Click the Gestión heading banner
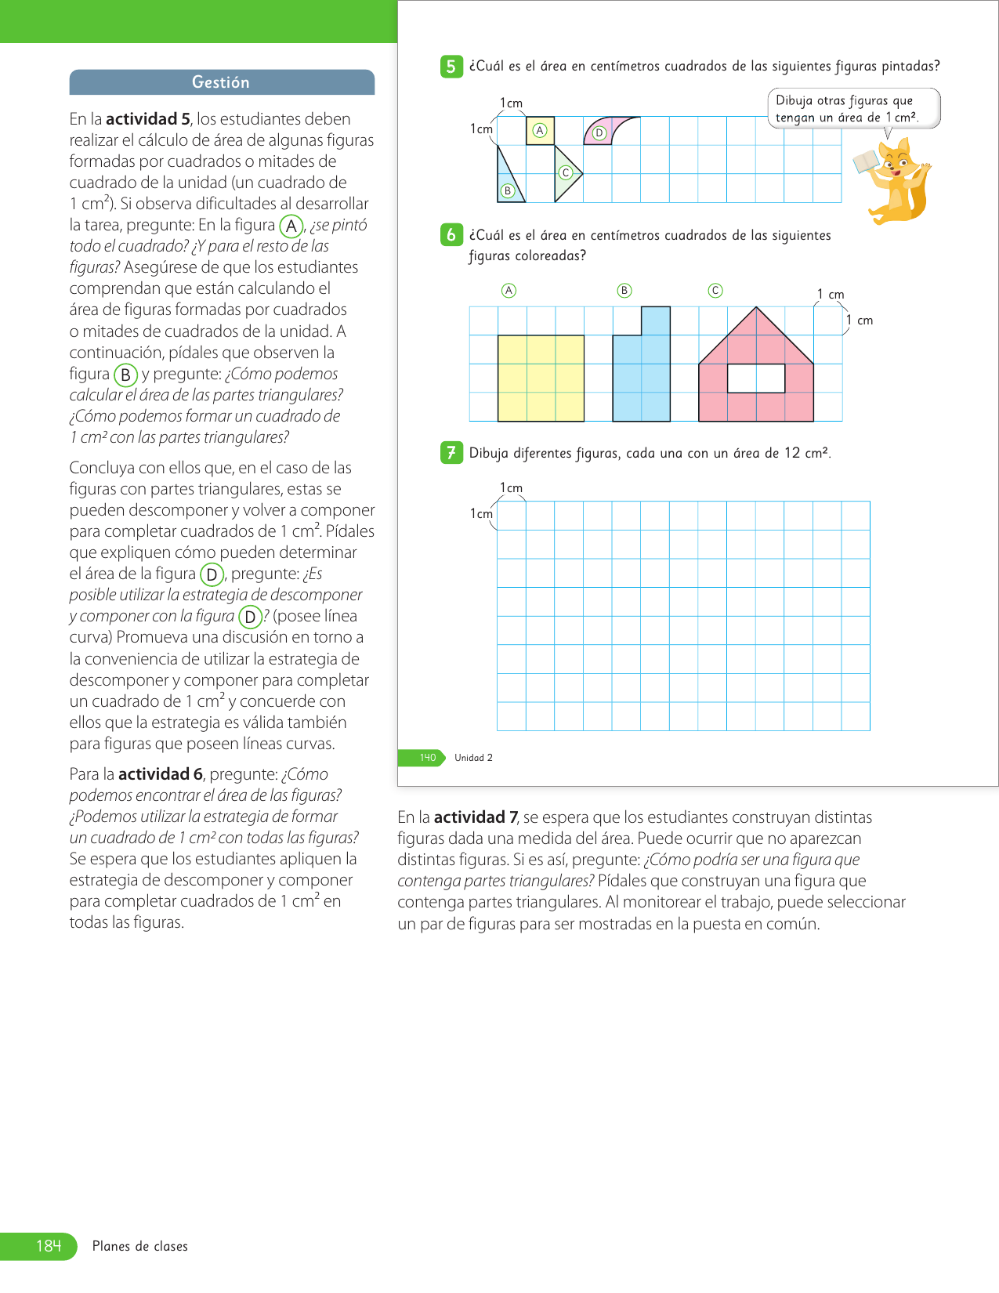(x=222, y=82)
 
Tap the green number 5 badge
(x=451, y=67)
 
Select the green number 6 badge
(x=451, y=234)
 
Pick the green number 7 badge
(x=451, y=452)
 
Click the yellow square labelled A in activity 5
(x=540, y=131)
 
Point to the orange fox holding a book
(x=896, y=179)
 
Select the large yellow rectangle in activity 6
(x=541, y=378)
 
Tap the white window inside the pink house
(x=756, y=378)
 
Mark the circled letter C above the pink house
(x=715, y=291)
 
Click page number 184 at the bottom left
(x=49, y=1246)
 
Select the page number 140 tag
(x=427, y=758)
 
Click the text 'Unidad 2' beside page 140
(x=473, y=758)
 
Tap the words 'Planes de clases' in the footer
(x=140, y=1246)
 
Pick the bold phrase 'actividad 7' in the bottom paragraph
(x=476, y=817)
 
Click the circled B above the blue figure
(x=624, y=291)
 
